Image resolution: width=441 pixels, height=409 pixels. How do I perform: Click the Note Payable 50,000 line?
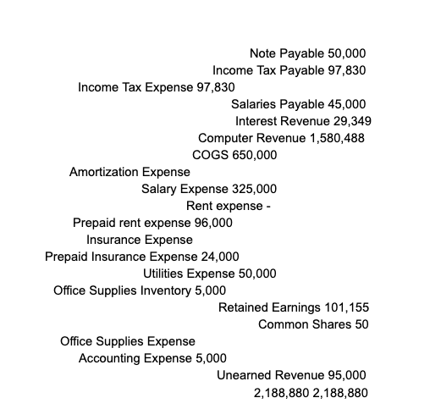(307, 53)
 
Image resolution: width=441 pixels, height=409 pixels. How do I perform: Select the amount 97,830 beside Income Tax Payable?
(345, 70)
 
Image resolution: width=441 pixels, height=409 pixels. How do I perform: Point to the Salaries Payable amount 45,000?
(347, 104)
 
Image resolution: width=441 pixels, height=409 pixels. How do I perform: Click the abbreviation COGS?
(210, 155)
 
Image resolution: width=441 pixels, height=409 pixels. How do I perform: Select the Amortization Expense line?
(130, 172)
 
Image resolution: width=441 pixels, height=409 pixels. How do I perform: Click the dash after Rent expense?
(267, 206)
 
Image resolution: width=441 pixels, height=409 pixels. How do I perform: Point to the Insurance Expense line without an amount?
(140, 240)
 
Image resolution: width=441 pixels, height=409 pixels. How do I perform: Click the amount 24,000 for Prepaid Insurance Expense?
(220, 257)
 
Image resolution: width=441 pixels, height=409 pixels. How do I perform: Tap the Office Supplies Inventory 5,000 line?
(128, 290)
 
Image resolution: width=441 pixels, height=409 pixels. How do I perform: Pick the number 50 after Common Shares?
(361, 324)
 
